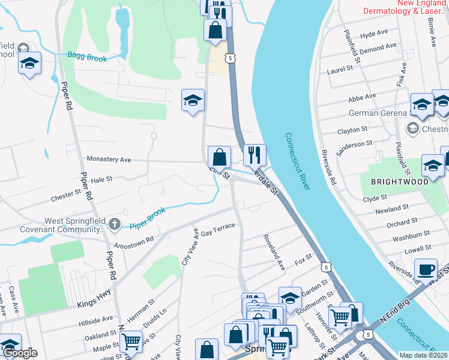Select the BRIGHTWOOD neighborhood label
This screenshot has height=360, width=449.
[x=399, y=181]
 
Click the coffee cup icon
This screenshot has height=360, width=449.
[x=426, y=269]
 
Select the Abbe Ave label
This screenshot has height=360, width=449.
[x=362, y=95]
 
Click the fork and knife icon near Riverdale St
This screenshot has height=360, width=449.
[x=255, y=155]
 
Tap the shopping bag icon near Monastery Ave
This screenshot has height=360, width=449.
[x=220, y=157]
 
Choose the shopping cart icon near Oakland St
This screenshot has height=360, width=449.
[x=130, y=341]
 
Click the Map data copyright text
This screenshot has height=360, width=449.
[x=423, y=355]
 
